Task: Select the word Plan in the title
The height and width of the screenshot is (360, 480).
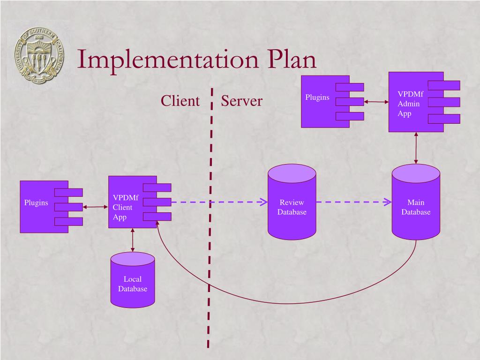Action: (292, 60)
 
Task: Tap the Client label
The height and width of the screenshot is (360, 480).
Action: (180, 101)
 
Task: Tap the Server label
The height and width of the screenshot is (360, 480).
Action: (241, 101)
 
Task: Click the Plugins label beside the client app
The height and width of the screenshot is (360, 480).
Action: (36, 202)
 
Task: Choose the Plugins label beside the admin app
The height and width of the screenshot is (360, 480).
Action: (317, 97)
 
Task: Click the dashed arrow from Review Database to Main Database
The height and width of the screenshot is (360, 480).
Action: (353, 202)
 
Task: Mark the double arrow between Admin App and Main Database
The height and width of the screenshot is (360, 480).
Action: (416, 148)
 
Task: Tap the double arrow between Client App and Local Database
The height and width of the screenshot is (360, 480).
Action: (133, 240)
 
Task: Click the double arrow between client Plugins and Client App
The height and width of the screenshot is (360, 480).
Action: (95, 206)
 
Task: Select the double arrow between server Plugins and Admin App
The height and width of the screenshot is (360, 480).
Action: (376, 101)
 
